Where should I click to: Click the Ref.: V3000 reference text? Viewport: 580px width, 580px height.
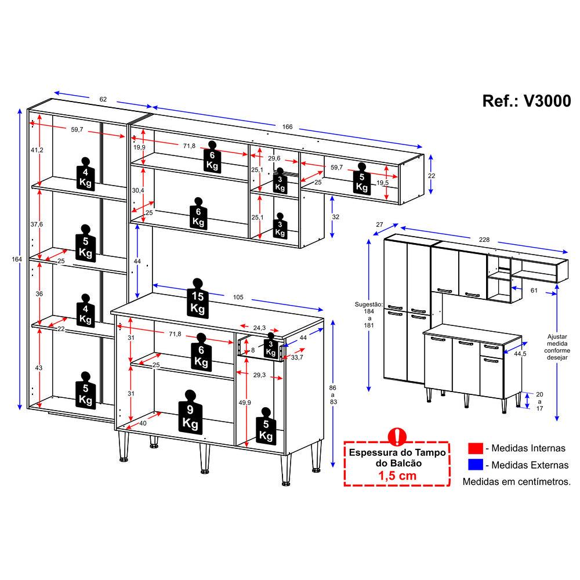click(527, 100)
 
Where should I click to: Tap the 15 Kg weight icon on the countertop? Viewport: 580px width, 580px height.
click(198, 298)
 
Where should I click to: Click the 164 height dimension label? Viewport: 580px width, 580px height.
click(17, 259)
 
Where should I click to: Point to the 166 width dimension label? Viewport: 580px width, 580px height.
click(288, 127)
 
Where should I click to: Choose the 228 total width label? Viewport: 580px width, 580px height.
click(484, 240)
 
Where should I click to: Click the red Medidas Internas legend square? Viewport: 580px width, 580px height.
click(476, 448)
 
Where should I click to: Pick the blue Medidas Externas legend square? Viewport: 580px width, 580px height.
click(476, 465)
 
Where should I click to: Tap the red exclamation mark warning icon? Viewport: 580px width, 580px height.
click(397, 437)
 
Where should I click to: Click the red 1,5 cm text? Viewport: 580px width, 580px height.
click(397, 476)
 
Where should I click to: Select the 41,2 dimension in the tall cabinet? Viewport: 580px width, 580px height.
click(37, 150)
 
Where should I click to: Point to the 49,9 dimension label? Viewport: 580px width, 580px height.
click(245, 403)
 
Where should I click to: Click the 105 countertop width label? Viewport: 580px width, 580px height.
click(238, 297)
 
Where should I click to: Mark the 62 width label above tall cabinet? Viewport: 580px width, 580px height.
click(103, 99)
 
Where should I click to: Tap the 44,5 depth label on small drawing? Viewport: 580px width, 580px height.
click(520, 354)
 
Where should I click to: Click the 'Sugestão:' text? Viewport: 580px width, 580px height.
click(368, 304)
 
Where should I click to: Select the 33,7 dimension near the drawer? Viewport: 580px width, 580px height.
click(296, 357)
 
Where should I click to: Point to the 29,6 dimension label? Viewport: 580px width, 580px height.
click(274, 158)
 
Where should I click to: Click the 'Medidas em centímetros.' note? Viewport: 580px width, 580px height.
click(516, 481)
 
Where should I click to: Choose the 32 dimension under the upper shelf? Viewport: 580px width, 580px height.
click(335, 217)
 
